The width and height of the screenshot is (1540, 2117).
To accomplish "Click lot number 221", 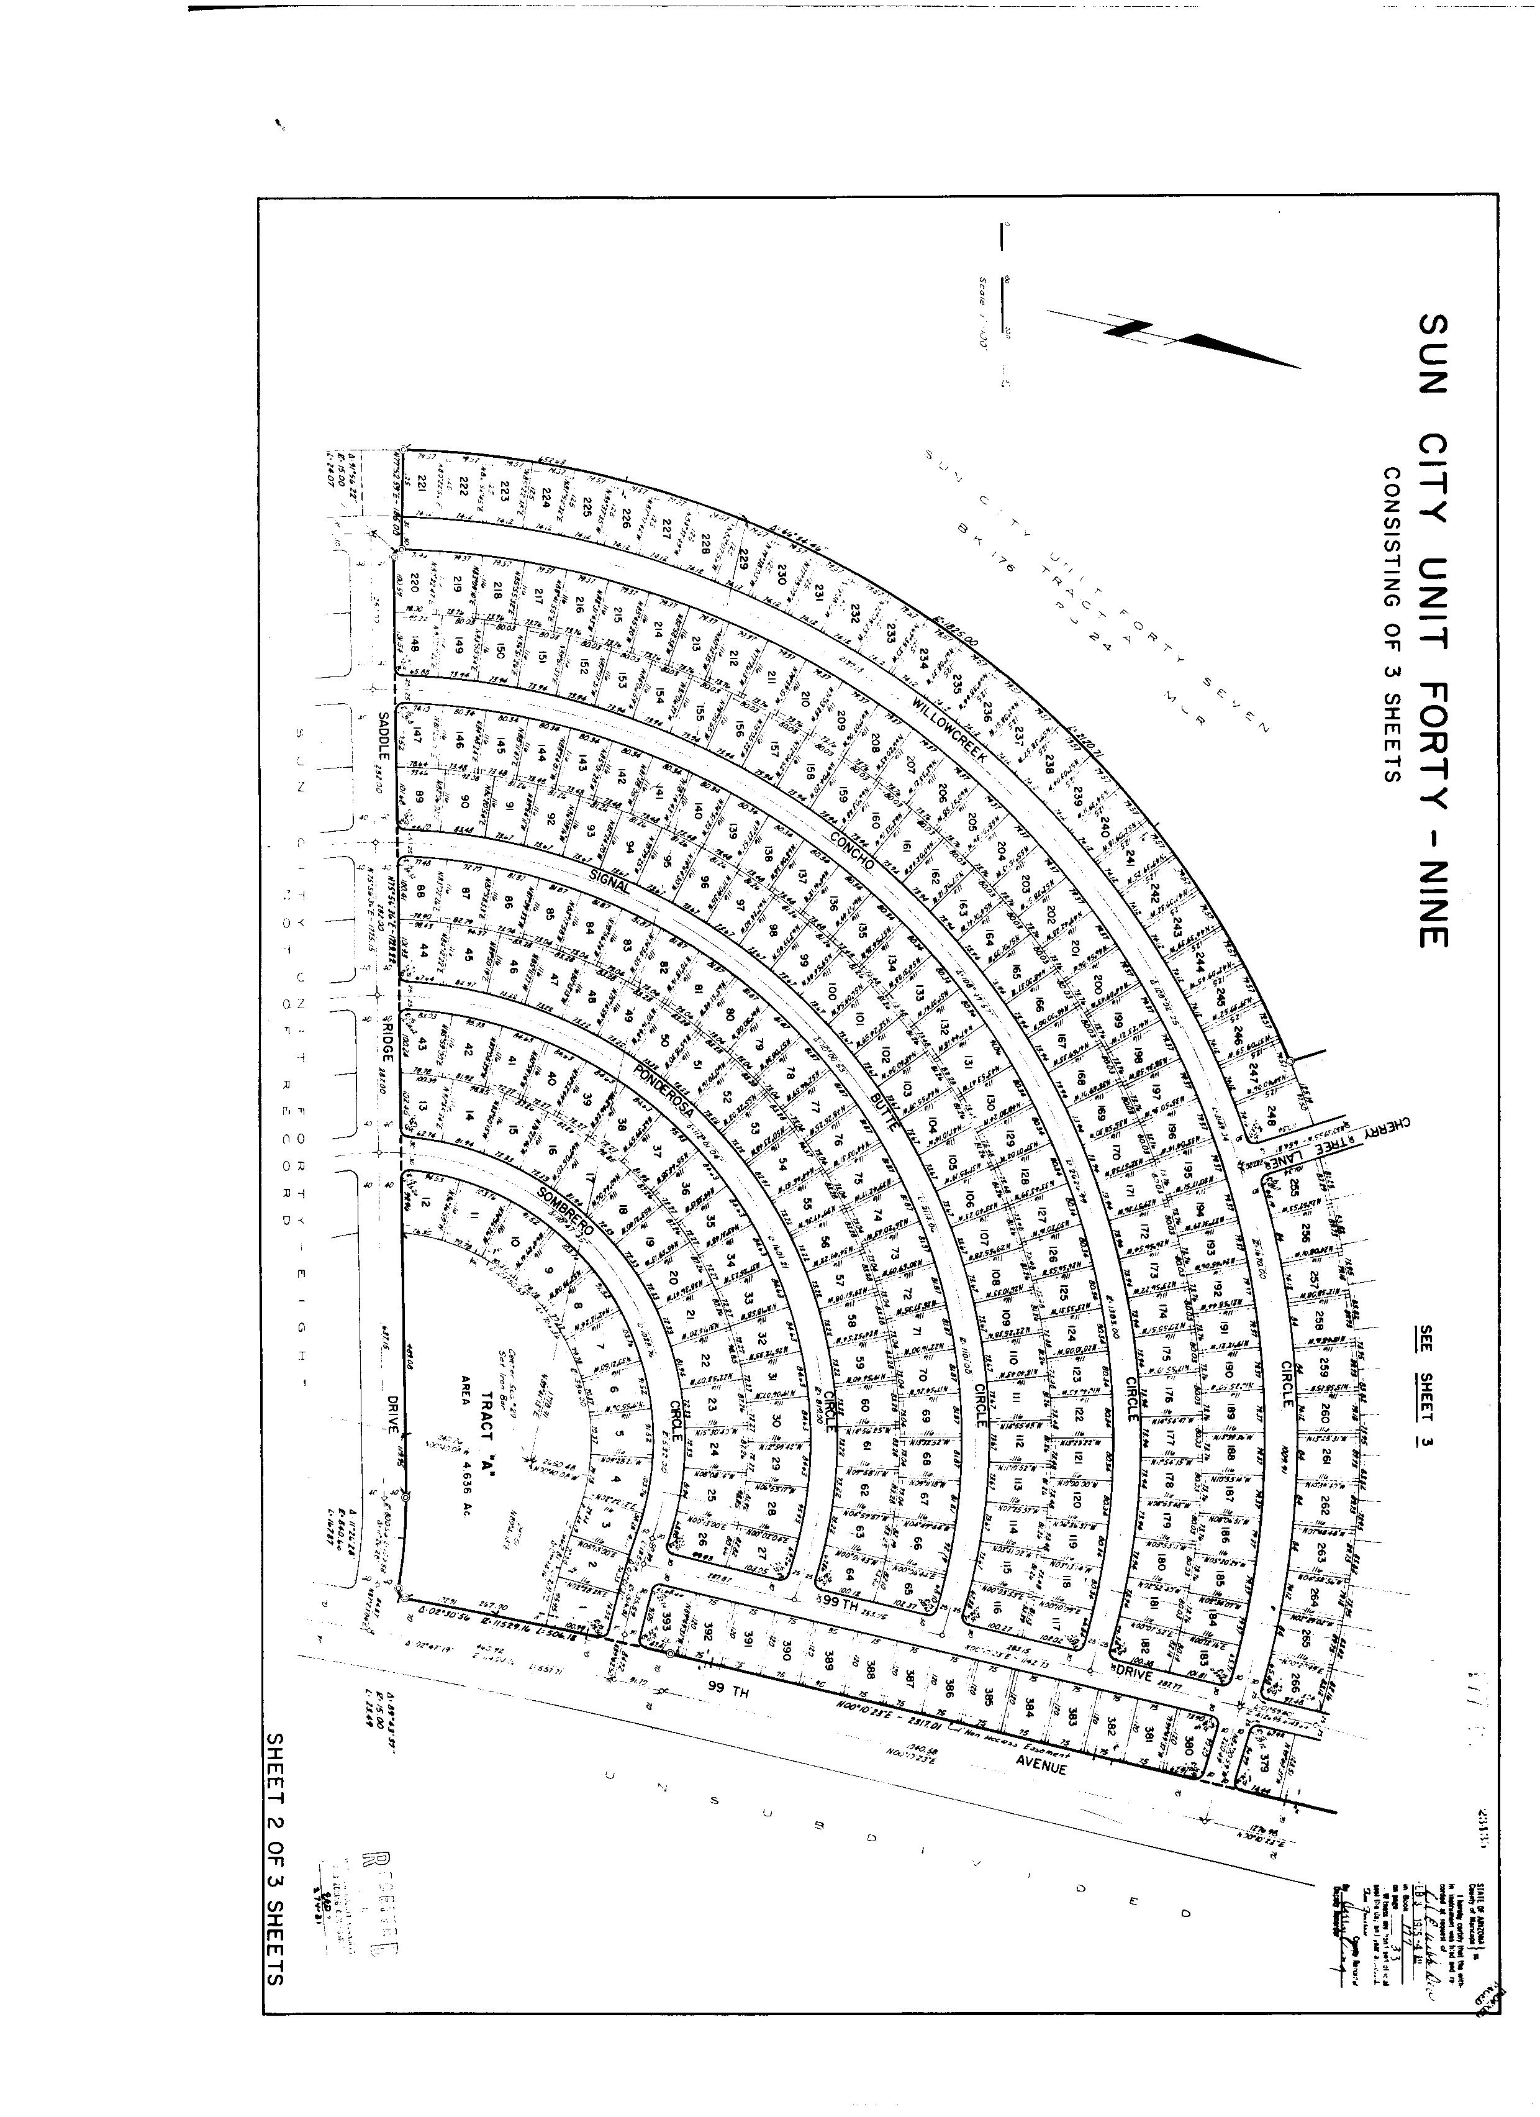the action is click(x=421, y=483).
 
